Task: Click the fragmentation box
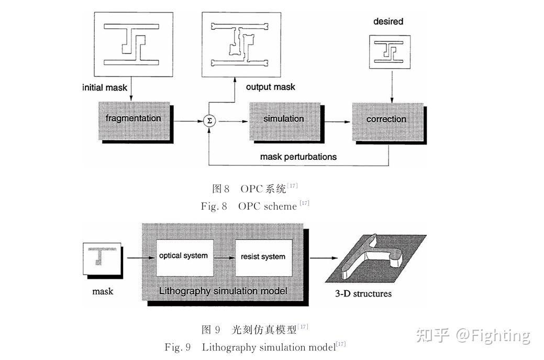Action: click(133, 119)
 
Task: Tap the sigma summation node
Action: click(209, 121)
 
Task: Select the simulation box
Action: click(283, 119)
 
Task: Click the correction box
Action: click(386, 119)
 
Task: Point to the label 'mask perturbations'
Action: click(298, 157)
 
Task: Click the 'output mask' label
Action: click(270, 87)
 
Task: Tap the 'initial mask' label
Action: click(105, 88)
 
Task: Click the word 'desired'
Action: click(388, 21)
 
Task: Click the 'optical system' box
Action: click(183, 256)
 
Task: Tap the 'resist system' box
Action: click(263, 257)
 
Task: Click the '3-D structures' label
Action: click(363, 293)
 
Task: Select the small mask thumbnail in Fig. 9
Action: click(102, 258)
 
